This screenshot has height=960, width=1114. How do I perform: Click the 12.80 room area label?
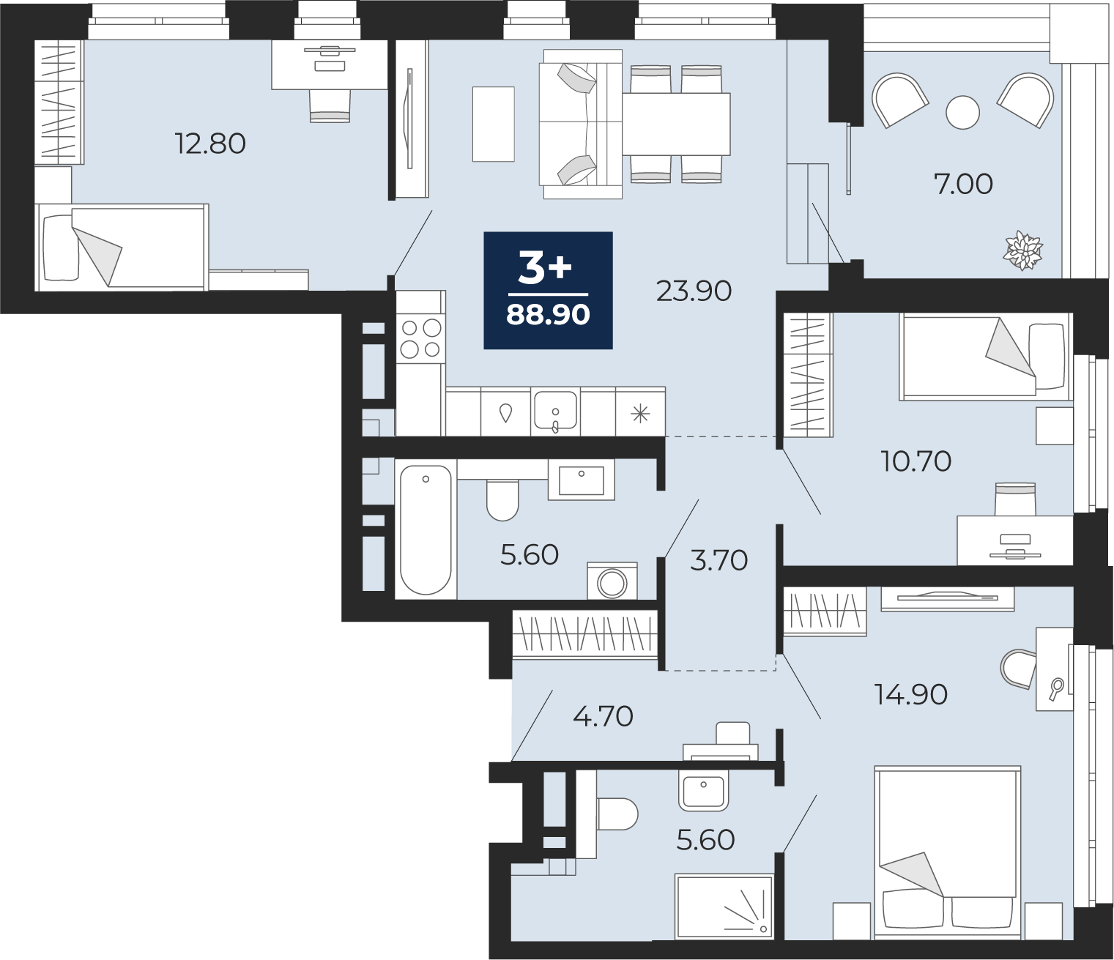click(x=210, y=144)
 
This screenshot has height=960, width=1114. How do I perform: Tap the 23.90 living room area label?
click(x=694, y=291)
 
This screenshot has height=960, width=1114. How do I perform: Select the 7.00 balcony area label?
click(x=963, y=185)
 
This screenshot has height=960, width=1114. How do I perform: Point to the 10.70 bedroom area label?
click(x=916, y=461)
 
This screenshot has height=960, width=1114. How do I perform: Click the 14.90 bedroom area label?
click(x=911, y=695)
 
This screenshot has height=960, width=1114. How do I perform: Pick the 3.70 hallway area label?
click(x=719, y=560)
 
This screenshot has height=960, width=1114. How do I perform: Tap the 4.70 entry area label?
click(x=603, y=717)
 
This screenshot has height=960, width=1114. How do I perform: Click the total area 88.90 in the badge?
click(x=548, y=315)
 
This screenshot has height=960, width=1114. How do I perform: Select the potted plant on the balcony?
click(x=1022, y=250)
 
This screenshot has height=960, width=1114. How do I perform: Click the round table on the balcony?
click(x=962, y=113)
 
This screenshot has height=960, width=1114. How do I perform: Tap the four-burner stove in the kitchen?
click(x=421, y=339)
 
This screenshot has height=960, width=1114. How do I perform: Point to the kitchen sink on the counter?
click(x=555, y=411)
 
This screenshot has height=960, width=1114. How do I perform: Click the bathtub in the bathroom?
click(x=426, y=529)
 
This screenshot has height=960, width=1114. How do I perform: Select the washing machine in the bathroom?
click(x=612, y=581)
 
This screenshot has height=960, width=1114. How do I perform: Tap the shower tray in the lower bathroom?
click(x=724, y=906)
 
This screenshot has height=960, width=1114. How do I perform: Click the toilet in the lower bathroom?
click(x=617, y=814)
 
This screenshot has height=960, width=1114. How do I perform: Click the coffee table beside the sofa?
click(x=493, y=124)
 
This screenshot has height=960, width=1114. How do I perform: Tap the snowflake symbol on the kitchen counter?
click(x=640, y=414)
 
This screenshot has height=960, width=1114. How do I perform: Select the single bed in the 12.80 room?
click(x=122, y=248)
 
